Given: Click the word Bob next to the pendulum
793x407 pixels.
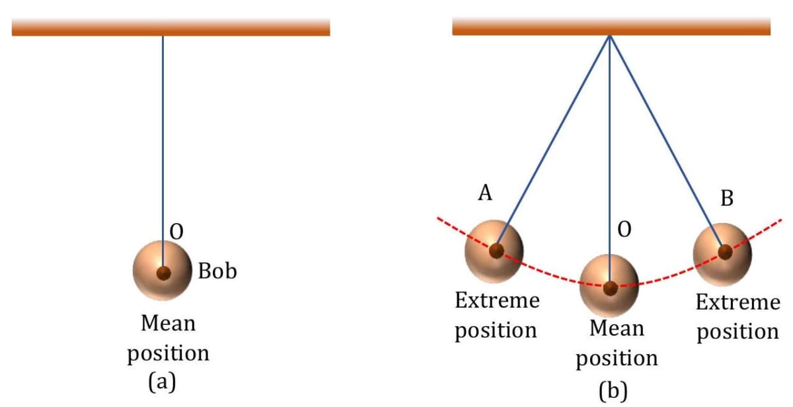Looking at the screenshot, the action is click(x=217, y=271).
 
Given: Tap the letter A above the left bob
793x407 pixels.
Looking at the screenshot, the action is click(x=485, y=193).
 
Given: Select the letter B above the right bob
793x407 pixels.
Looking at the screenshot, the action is click(x=727, y=198).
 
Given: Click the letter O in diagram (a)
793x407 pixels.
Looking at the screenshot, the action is click(x=176, y=231).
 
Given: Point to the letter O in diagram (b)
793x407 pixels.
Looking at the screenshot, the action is click(x=624, y=230).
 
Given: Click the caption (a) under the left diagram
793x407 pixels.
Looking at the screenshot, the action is click(x=162, y=383).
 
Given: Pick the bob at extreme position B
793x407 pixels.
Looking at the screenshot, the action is click(x=722, y=252).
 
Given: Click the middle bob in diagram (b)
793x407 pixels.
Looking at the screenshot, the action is click(x=609, y=285).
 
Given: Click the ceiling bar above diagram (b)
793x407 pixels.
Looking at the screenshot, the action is click(x=611, y=26).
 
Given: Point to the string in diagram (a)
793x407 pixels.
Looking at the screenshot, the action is click(x=163, y=132).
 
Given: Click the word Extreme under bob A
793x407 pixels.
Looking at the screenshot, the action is click(x=497, y=301).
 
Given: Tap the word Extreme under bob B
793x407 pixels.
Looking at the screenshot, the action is click(x=737, y=303).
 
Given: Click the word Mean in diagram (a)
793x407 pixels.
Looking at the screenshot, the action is click(x=169, y=324).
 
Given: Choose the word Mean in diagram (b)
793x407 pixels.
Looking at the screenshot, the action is click(x=617, y=328).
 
